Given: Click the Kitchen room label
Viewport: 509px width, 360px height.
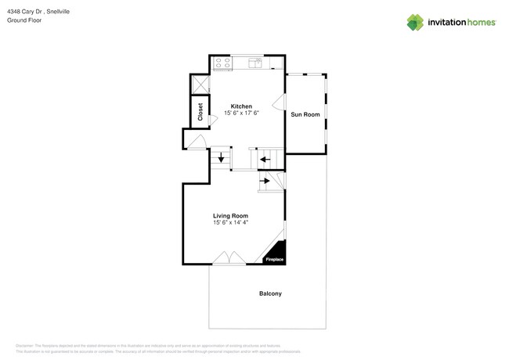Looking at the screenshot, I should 240,106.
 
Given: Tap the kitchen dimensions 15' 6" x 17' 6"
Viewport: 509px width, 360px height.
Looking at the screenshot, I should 240,113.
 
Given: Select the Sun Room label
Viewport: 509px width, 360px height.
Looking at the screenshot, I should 305,114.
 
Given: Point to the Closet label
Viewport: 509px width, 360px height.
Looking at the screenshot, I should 200,112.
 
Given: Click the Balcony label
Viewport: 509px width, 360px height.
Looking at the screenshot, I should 270,294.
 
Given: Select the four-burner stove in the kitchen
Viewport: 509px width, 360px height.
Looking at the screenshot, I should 222,63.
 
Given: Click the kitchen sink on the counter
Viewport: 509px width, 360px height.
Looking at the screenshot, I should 255,62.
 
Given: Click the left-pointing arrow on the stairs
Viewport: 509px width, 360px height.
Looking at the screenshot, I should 265,160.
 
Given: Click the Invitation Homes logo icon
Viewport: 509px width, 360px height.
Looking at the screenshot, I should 416,22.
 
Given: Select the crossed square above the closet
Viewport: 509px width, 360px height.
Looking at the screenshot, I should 200,85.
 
